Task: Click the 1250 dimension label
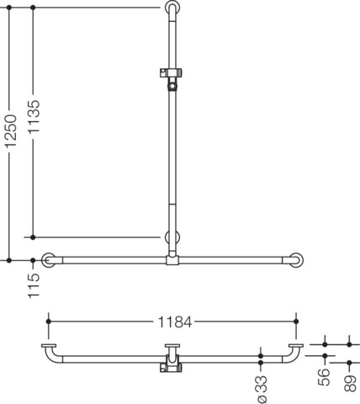pyautogui.click(x=12, y=131)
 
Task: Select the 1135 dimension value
pyautogui.click(x=34, y=116)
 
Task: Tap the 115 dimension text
pyautogui.click(x=34, y=285)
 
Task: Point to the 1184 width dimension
pyautogui.click(x=175, y=322)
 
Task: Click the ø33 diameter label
pyautogui.click(x=262, y=390)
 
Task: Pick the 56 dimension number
pyautogui.click(x=324, y=377)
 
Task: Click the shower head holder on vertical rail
pyautogui.click(x=172, y=79)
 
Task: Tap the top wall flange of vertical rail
pyautogui.click(x=172, y=7)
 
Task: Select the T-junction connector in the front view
pyautogui.click(x=172, y=258)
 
